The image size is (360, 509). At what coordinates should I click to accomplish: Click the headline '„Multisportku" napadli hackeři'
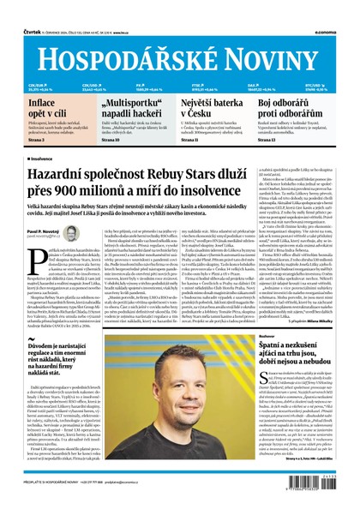click(x=123, y=109)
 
